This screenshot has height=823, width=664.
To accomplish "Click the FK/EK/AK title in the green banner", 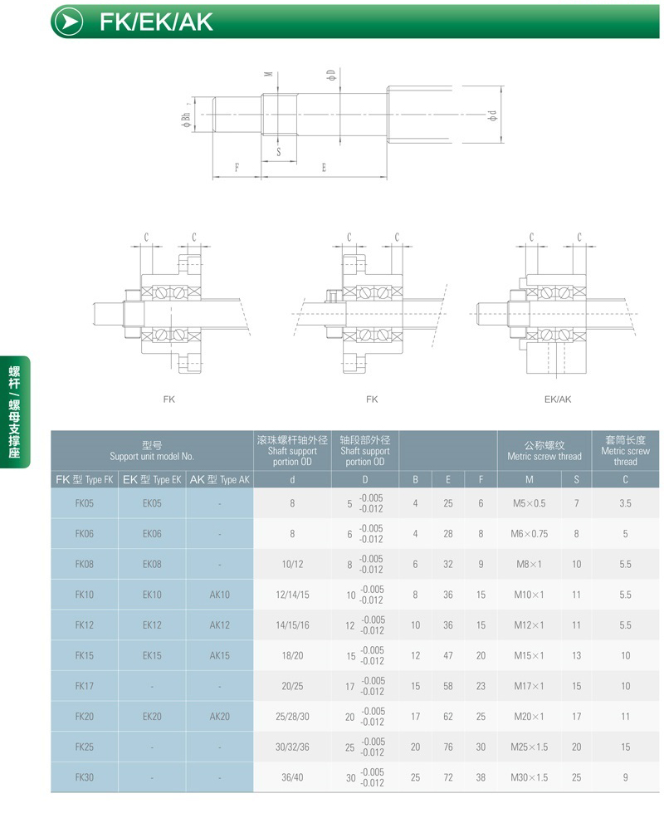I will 156,22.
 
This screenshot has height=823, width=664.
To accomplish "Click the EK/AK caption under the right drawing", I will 557,399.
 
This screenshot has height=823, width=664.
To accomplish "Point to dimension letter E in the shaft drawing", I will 324,168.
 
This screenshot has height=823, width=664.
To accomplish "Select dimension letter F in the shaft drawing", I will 237,168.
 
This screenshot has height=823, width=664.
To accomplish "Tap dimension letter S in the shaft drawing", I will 278,152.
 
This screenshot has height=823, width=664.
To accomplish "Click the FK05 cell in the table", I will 84,503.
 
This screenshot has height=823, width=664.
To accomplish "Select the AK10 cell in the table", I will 219,595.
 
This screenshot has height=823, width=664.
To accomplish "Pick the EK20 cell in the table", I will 152,717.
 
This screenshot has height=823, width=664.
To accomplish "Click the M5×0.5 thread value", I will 529,503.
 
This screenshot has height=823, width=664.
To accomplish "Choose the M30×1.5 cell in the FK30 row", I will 529,777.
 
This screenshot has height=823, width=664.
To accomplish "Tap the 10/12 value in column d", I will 292,564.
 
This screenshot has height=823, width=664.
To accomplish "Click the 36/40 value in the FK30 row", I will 292,777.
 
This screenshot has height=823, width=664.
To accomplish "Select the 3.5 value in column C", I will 625,503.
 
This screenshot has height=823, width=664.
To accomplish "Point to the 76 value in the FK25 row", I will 447,747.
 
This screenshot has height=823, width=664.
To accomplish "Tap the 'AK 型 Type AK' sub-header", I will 219,480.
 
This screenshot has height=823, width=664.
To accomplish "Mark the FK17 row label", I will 84,686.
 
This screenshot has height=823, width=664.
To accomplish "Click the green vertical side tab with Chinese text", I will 14,411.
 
